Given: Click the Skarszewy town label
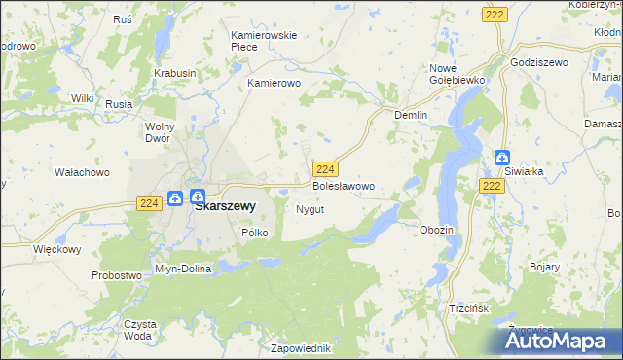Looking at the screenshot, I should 225,206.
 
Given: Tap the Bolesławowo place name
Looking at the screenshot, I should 343,185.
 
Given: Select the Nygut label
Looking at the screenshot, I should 310,209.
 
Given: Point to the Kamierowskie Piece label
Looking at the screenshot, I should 263,41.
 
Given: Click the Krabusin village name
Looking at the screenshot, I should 175,73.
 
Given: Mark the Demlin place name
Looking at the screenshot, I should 412,114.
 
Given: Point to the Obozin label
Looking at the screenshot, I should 436,229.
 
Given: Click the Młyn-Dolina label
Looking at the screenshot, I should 183,269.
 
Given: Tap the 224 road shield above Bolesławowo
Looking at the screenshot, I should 326,168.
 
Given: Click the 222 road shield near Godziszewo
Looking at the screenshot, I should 493,14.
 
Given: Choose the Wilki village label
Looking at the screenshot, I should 82,98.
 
